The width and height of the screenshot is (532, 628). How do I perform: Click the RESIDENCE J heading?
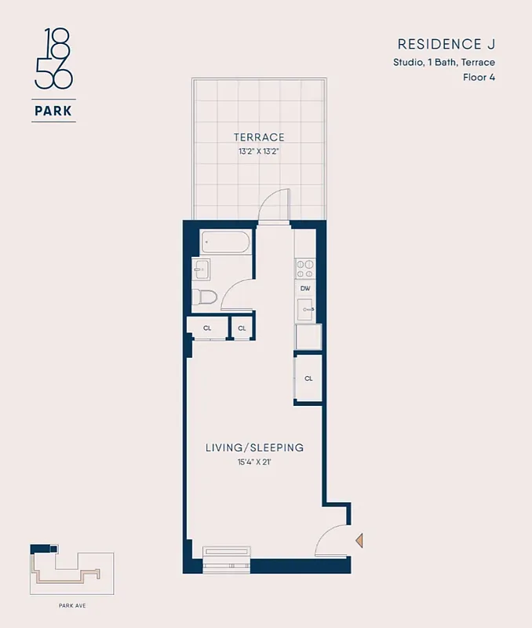(446, 44)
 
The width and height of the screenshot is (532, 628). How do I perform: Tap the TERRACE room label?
(259, 137)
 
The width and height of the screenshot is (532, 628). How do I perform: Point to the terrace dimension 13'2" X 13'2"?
(259, 152)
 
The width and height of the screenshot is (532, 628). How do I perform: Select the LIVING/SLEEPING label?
(254, 447)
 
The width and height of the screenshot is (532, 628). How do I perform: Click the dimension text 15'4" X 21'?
(254, 462)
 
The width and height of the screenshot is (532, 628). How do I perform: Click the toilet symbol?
(204, 298)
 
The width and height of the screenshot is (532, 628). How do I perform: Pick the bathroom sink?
(201, 269)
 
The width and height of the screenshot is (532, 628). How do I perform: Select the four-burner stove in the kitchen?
(305, 268)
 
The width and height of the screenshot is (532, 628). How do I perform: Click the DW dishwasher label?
(305, 288)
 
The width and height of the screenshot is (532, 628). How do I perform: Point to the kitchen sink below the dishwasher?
(305, 309)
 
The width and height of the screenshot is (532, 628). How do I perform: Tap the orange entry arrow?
(359, 540)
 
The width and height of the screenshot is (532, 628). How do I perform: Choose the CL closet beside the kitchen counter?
(308, 378)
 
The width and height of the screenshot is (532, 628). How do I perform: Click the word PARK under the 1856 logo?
(53, 111)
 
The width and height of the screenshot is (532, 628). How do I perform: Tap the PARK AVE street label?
(71, 605)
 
